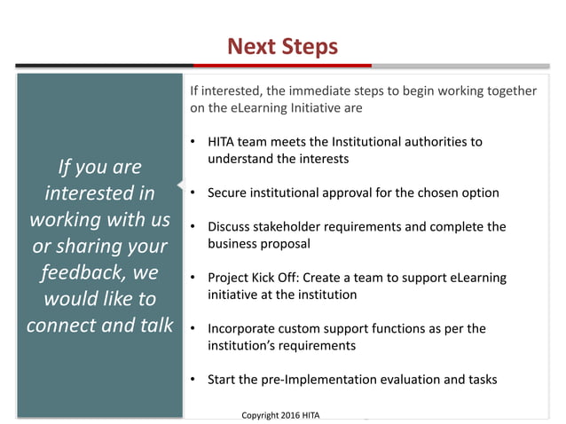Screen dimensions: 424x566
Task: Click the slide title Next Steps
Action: pyautogui.click(x=282, y=46)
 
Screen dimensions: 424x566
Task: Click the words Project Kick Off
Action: pyautogui.click(x=258, y=278)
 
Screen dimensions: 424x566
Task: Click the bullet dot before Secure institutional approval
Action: pyautogui.click(x=193, y=192)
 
